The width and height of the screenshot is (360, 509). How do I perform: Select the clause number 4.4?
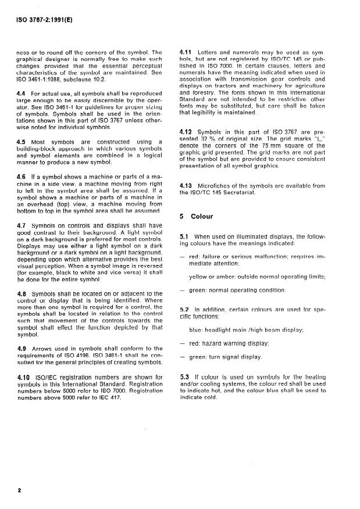[x=20, y=92]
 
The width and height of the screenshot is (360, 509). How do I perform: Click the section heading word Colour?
[x=202, y=216]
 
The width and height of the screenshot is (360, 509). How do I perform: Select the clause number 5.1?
[x=186, y=237]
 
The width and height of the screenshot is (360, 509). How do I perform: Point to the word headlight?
[x=218, y=329]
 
